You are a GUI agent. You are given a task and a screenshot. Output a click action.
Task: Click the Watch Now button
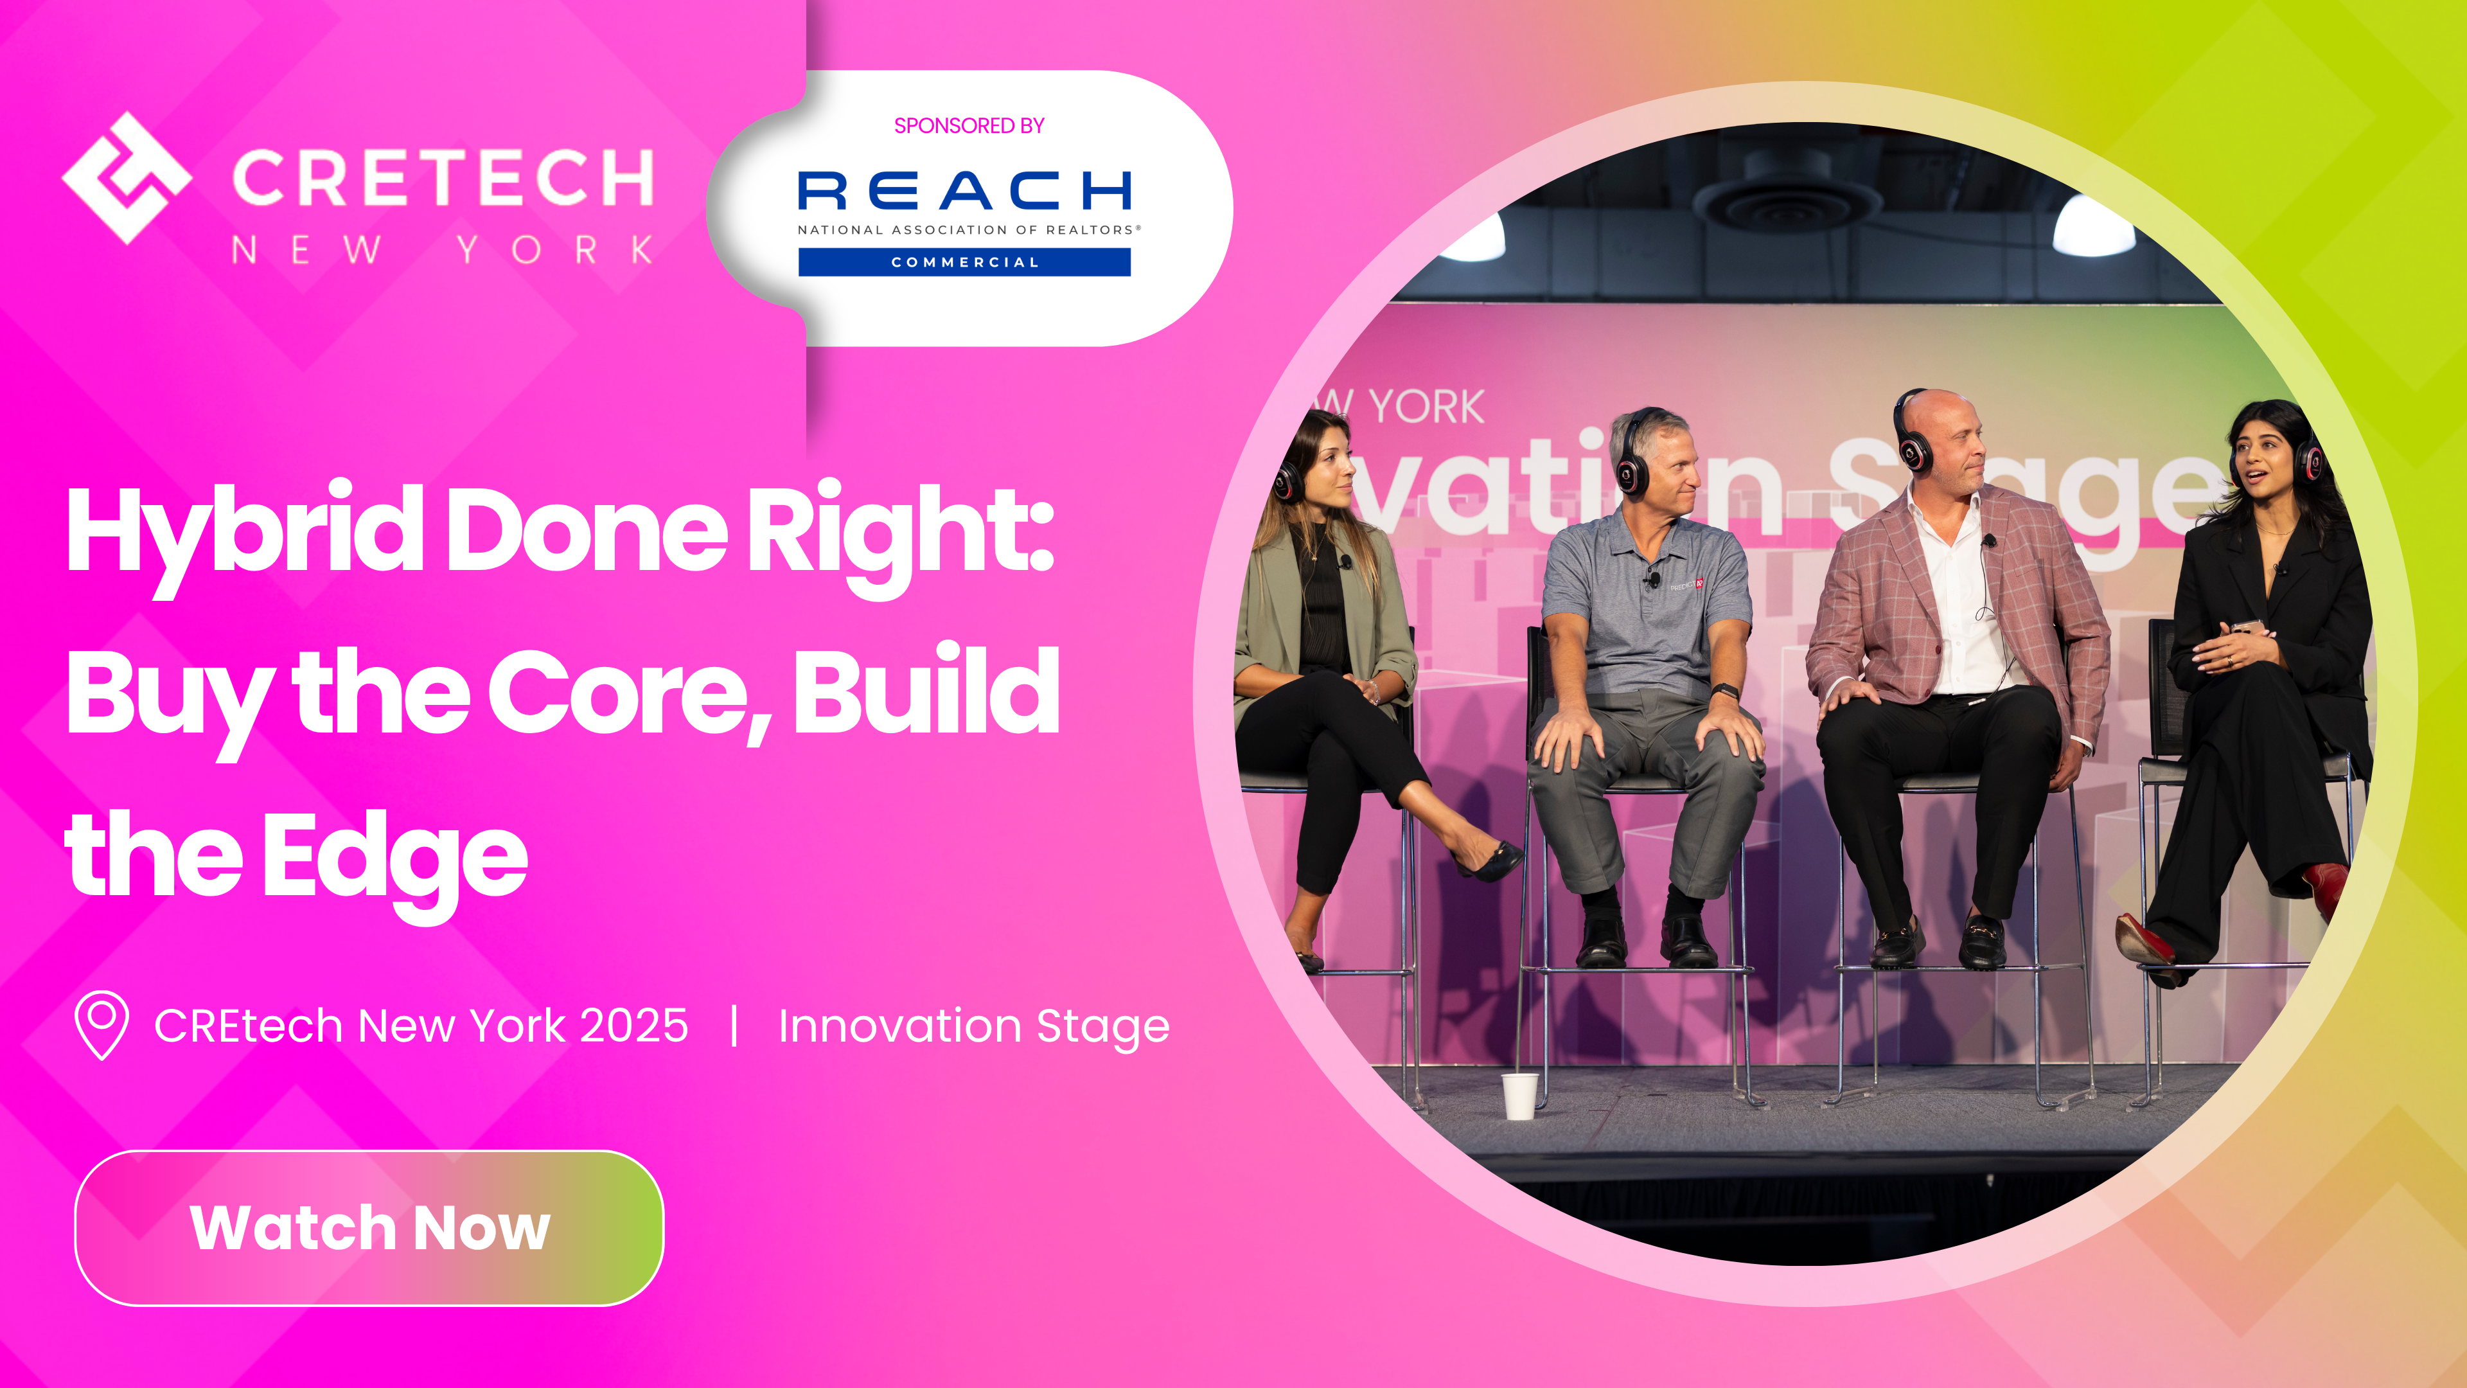click(x=369, y=1227)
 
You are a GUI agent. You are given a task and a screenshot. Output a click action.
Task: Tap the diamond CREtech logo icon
click(x=127, y=178)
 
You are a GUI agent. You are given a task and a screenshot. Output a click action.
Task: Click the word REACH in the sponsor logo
click(x=964, y=191)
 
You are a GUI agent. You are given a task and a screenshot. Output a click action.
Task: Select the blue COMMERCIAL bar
click(x=964, y=262)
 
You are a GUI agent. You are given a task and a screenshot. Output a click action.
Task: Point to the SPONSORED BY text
click(x=968, y=125)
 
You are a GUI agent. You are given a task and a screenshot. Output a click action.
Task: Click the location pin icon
click(x=102, y=1024)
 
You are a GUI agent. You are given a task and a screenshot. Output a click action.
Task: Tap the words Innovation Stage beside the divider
click(x=973, y=1026)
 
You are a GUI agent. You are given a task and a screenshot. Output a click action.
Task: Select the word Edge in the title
click(x=394, y=855)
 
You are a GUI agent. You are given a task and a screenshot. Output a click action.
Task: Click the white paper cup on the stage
click(x=1519, y=1096)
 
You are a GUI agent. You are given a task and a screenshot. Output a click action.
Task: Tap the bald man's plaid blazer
click(x=1868, y=613)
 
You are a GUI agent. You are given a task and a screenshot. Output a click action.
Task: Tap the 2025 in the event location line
click(x=633, y=1026)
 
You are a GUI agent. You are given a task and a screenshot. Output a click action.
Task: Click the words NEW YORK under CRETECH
click(x=443, y=250)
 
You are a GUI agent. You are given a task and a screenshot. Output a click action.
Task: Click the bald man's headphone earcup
click(x=1913, y=449)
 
